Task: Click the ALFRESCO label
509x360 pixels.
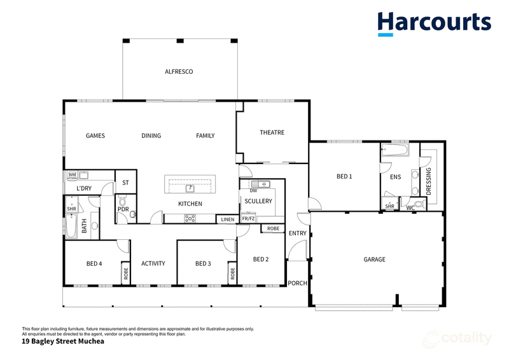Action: [179, 72]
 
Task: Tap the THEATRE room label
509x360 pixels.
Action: [272, 132]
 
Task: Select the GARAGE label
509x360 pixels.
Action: [375, 260]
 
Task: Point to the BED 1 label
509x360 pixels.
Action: [344, 177]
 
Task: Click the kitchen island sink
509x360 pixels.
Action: [190, 188]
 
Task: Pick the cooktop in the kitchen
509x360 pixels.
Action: [190, 218]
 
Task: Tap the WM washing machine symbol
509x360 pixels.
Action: [72, 175]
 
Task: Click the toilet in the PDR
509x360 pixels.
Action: [122, 200]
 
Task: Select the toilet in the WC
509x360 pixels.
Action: [420, 204]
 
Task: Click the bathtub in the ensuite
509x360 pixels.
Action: [395, 150]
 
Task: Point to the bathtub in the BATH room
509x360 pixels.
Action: [71, 225]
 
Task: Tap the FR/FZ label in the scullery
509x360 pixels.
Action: [248, 219]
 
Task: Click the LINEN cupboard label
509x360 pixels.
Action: [228, 219]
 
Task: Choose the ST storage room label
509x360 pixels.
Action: [125, 183]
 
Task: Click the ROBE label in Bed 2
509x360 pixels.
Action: [274, 228]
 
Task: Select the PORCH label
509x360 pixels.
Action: [297, 284]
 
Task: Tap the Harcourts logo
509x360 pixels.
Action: [435, 24]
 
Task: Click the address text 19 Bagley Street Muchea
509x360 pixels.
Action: [63, 341]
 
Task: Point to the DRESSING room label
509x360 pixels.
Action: [428, 181]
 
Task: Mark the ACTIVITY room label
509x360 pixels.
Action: [153, 263]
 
